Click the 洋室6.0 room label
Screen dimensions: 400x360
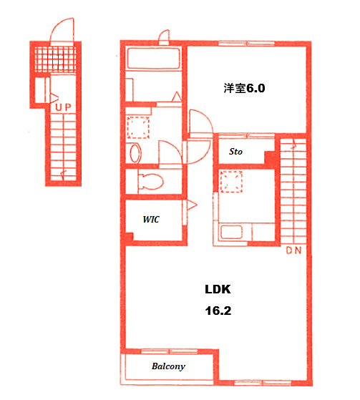244,89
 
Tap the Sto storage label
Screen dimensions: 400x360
235,152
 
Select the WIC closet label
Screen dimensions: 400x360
150,219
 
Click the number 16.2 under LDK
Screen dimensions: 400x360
217,312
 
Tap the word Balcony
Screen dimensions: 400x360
168,367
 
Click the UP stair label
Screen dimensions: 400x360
63,107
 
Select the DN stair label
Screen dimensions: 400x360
293,251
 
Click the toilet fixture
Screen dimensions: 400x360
149,180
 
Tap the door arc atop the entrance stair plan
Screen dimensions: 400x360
62,29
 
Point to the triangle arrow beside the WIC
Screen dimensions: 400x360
191,205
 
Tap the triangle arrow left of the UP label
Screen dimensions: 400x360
53,96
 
